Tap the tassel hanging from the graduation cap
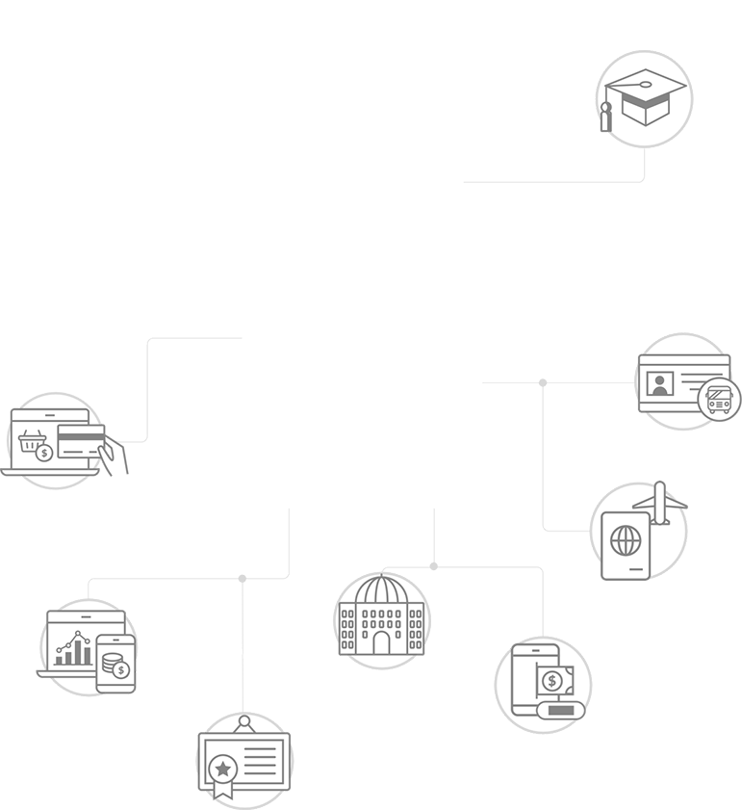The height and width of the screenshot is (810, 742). pyautogui.click(x=606, y=119)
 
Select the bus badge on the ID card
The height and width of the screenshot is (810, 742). pyautogui.click(x=720, y=397)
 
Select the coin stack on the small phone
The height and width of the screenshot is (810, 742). pyautogui.click(x=116, y=664)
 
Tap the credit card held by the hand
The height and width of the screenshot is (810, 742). pyautogui.click(x=80, y=444)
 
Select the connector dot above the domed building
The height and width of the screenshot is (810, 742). pyautogui.click(x=434, y=566)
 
